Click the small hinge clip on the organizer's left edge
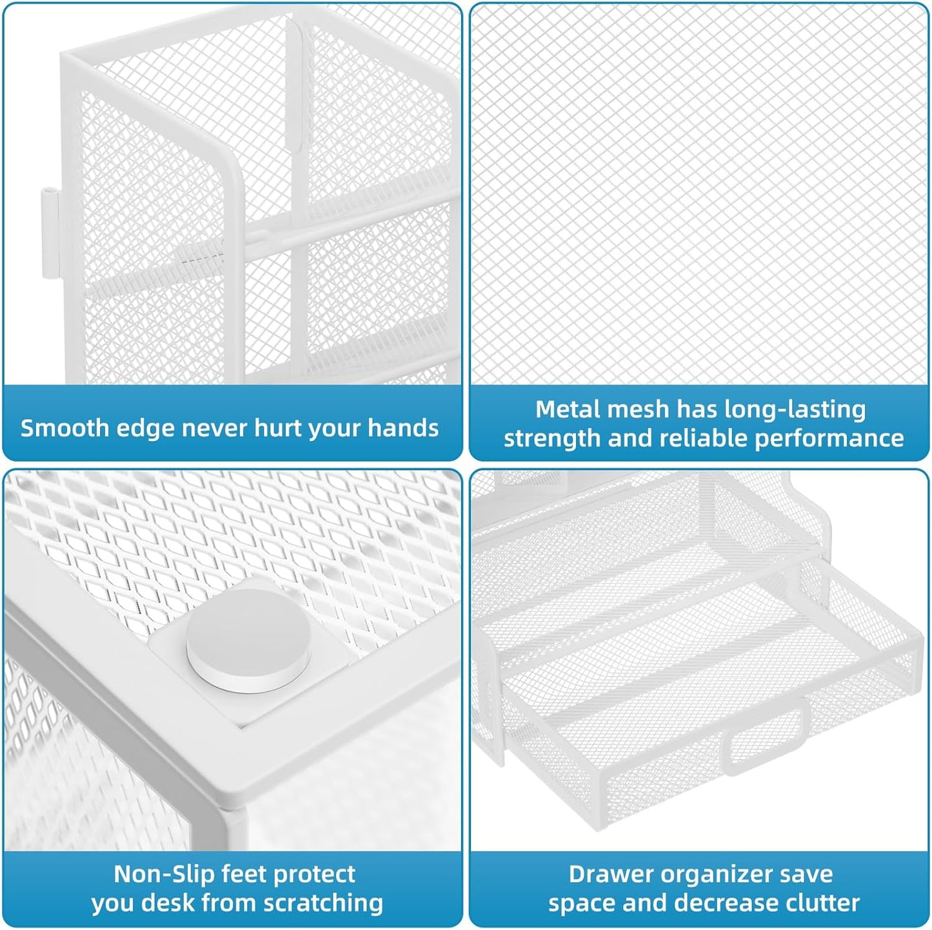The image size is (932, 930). point(49,233)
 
